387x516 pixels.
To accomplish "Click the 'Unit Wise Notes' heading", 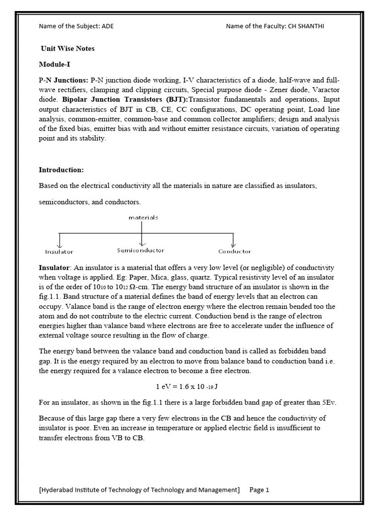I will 68,49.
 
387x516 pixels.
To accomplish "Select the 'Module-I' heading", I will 54,64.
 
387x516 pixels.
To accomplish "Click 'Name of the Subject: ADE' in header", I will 76,26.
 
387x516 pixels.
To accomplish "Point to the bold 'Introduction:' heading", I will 61,170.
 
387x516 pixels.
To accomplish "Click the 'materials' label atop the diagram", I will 143,218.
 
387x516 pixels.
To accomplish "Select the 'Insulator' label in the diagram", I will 59,251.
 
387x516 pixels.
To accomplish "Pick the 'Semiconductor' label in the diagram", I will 141,250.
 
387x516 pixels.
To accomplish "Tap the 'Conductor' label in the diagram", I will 234,251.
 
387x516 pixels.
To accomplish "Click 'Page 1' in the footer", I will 260,490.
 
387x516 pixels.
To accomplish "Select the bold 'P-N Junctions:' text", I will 63,81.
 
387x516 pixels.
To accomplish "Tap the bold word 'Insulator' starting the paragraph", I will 55,268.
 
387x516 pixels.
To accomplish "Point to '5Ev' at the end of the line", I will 328,403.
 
